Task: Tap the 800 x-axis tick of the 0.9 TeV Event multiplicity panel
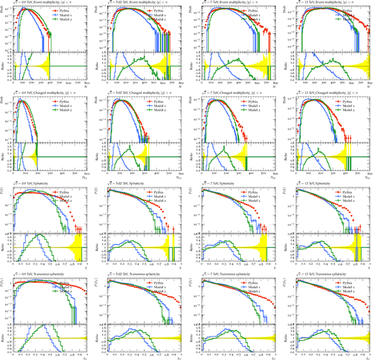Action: pos(86,85)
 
